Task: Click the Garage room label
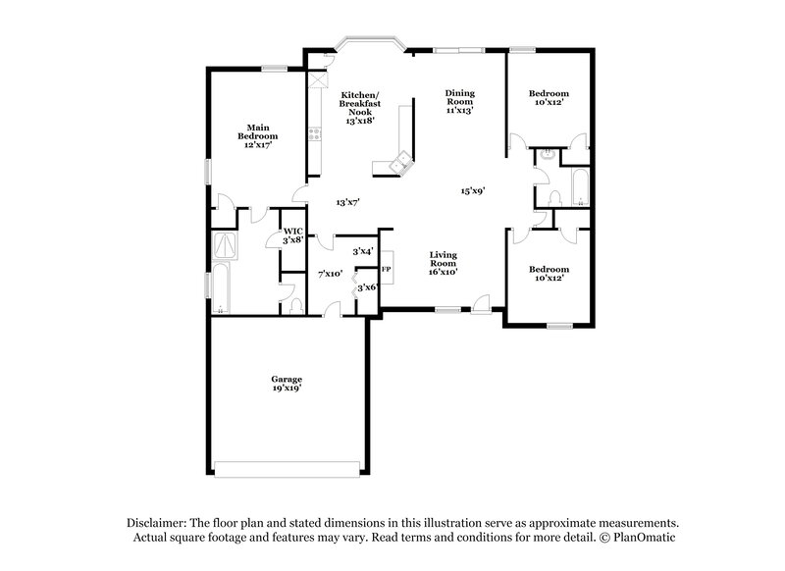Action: (287, 383)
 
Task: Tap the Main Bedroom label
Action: (258, 135)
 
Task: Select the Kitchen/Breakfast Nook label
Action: (357, 108)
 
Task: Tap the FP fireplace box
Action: (387, 269)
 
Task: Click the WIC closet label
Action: (292, 234)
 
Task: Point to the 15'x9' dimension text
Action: (474, 191)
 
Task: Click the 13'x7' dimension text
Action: (347, 202)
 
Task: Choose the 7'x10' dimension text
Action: (330, 274)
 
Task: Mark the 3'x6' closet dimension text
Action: (367, 287)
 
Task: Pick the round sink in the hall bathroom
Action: (547, 155)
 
